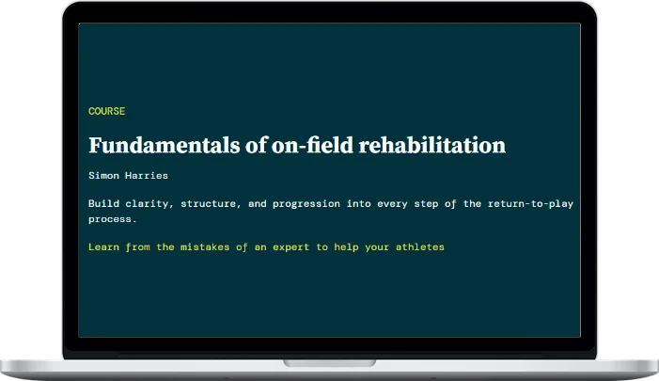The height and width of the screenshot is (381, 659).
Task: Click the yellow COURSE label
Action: point(106,111)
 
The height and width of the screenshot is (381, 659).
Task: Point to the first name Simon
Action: point(103,175)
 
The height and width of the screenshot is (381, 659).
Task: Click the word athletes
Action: point(419,246)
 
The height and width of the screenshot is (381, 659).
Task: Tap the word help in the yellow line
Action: point(355,246)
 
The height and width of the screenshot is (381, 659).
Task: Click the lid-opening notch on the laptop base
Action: point(329,362)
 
